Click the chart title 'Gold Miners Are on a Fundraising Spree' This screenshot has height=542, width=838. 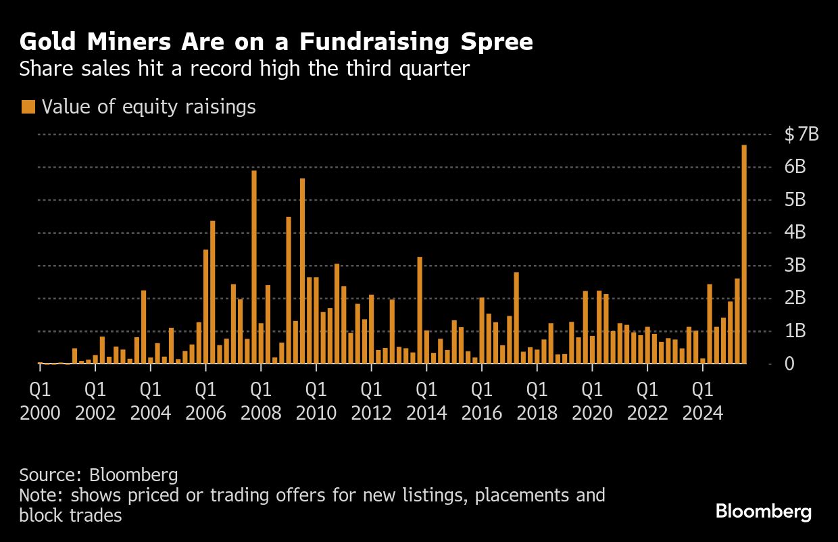tap(276, 43)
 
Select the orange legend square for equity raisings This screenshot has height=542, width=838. tap(28, 107)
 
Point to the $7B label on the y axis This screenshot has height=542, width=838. tap(802, 134)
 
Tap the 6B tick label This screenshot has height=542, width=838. tap(795, 167)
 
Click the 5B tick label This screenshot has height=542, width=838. tap(795, 200)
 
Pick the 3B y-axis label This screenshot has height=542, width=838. tap(795, 266)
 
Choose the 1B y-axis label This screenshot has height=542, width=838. tap(795, 331)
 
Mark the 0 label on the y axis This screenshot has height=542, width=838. tap(789, 364)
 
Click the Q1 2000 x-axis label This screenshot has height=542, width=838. tap(40, 401)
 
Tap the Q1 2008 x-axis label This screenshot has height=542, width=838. tap(261, 401)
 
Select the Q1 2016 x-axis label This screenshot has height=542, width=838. tap(482, 401)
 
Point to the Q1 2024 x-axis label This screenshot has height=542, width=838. tap(703, 401)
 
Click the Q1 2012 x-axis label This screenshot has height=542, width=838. tap(371, 401)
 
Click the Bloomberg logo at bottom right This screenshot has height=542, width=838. tap(764, 512)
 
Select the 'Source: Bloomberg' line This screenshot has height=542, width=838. tap(99, 474)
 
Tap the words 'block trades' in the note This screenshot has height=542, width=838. tap(70, 515)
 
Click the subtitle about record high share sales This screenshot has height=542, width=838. tap(244, 69)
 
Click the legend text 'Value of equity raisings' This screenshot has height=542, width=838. tap(149, 107)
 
